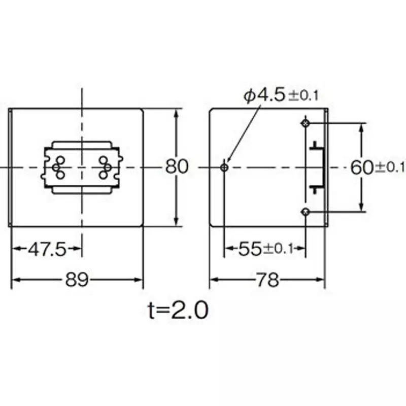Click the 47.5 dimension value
click(46, 249)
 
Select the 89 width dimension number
click(77, 280)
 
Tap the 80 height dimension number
click(177, 166)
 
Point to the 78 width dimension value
click(268, 280)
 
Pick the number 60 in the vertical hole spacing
click(362, 167)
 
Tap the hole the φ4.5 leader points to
click(225, 167)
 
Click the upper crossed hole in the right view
click(305, 123)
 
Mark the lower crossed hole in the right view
click(305, 212)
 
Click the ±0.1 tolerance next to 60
click(390, 167)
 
